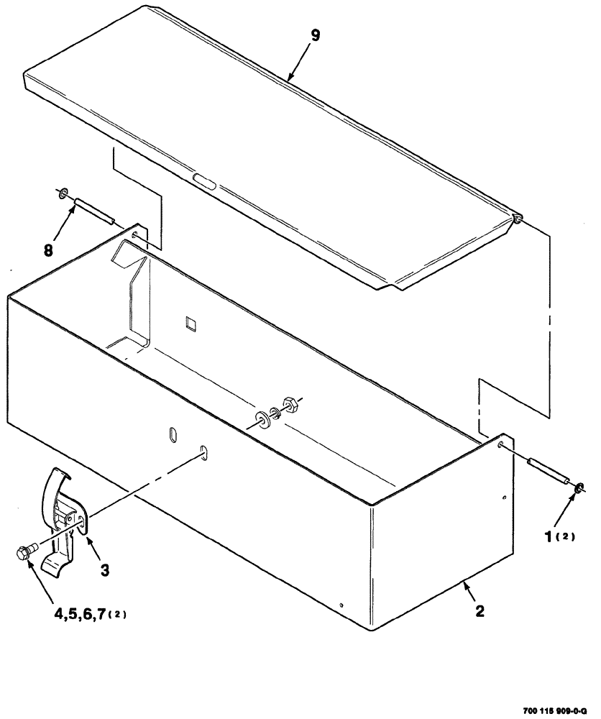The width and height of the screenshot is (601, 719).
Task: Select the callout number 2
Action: click(480, 612)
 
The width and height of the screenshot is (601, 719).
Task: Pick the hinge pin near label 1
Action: click(548, 471)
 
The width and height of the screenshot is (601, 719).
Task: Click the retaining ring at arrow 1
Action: click(579, 489)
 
